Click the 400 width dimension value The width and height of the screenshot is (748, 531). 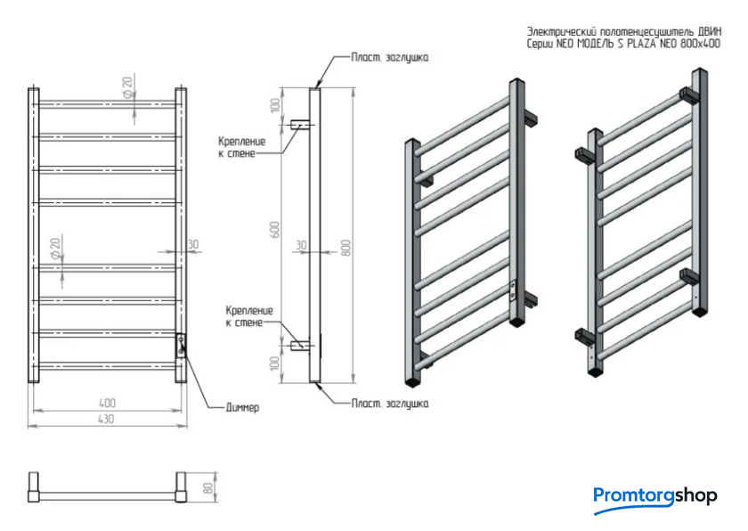[x=107, y=404]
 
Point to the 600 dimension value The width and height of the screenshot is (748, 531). [x=276, y=229]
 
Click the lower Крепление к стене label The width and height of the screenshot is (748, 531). [x=249, y=315]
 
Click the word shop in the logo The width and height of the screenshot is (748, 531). [x=695, y=495]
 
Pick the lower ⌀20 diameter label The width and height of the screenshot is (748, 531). [x=57, y=248]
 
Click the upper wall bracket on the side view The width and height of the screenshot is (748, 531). [x=301, y=124]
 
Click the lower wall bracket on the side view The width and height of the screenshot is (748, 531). [x=301, y=344]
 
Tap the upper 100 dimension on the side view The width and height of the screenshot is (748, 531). [x=276, y=105]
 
